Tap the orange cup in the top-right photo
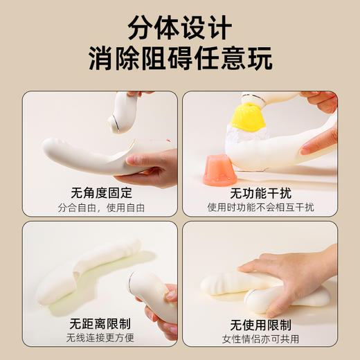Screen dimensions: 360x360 [x=219, y=170]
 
